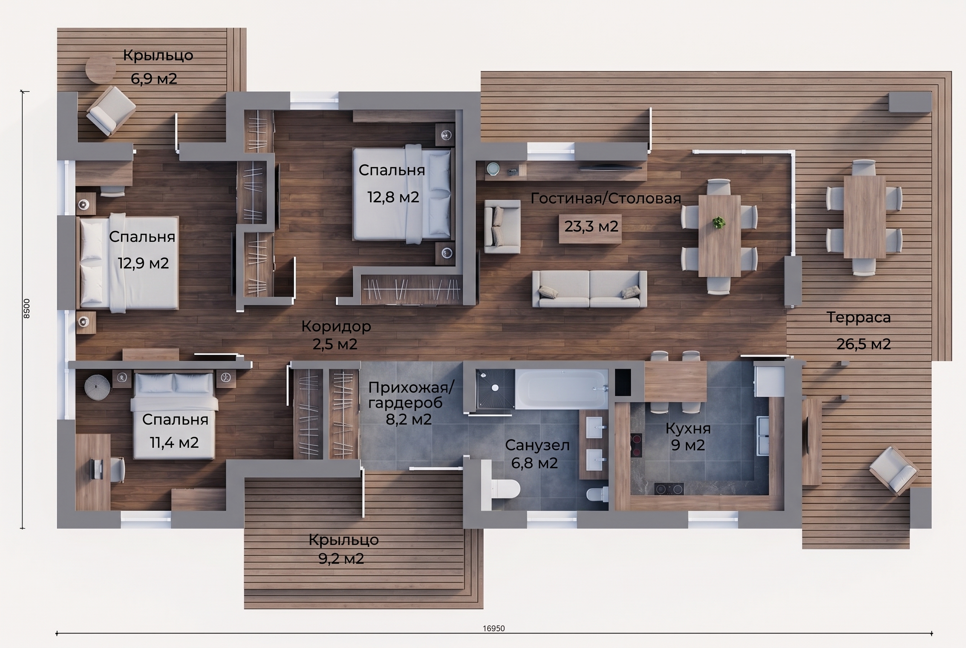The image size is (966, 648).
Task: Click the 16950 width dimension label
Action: click(494, 629)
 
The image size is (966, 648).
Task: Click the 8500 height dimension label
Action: click(26, 309)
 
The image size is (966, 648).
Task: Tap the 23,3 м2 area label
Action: click(591, 227)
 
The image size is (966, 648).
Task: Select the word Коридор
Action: click(336, 326)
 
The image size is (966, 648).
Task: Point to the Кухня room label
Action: click(688, 429)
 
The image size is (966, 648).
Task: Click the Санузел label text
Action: click(537, 445)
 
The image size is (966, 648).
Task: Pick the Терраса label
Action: click(859, 318)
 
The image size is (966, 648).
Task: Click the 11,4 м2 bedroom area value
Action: click(174, 442)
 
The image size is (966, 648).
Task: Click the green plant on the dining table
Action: click(719, 223)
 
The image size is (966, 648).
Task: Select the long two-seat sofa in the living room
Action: click(589, 289)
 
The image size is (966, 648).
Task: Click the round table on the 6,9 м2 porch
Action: click(101, 69)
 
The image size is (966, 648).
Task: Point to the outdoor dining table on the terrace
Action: click(864, 217)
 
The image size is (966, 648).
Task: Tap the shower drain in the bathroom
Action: click(495, 388)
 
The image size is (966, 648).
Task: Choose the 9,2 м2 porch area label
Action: click(341, 559)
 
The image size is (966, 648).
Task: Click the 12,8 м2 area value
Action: click(393, 197)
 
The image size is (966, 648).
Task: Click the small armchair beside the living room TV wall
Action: click(502, 227)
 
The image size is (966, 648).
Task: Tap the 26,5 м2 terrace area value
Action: click(864, 344)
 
